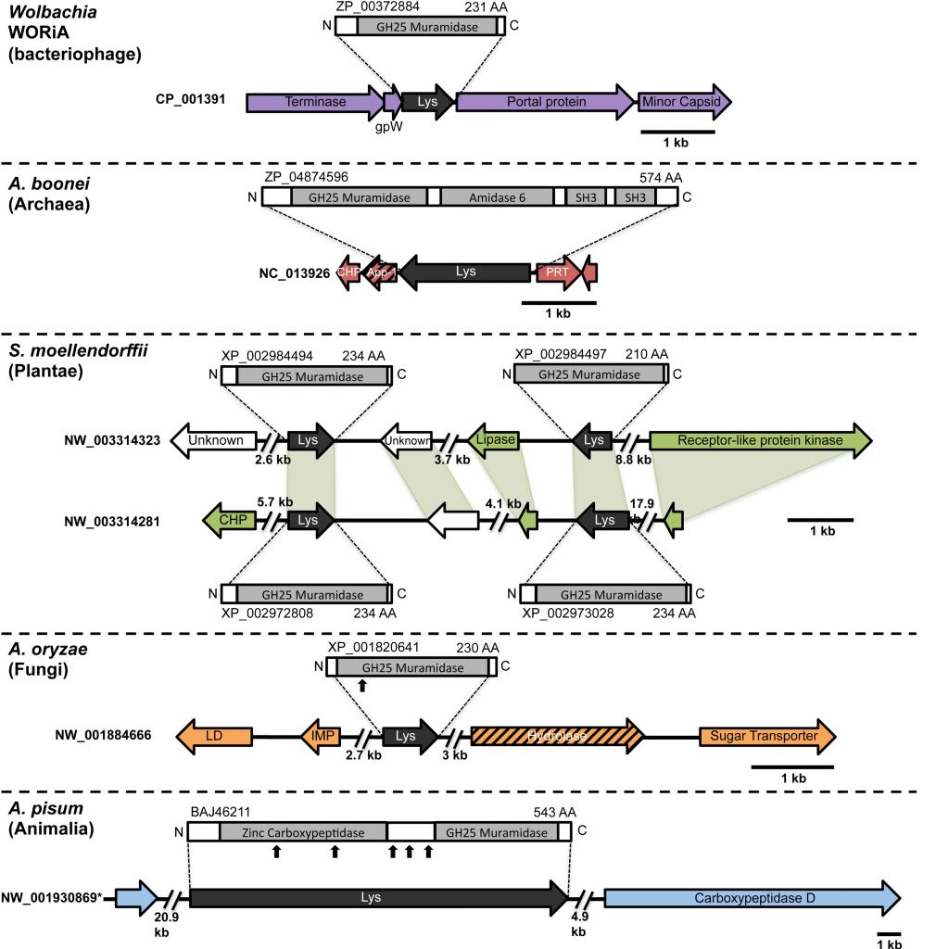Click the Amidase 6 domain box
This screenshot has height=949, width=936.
(496, 196)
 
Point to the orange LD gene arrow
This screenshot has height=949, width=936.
(214, 736)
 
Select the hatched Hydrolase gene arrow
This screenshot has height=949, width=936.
(557, 736)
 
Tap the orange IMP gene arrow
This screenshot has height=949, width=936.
(321, 736)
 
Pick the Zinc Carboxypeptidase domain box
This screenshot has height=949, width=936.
(303, 831)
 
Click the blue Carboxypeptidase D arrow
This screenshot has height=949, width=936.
(752, 898)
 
